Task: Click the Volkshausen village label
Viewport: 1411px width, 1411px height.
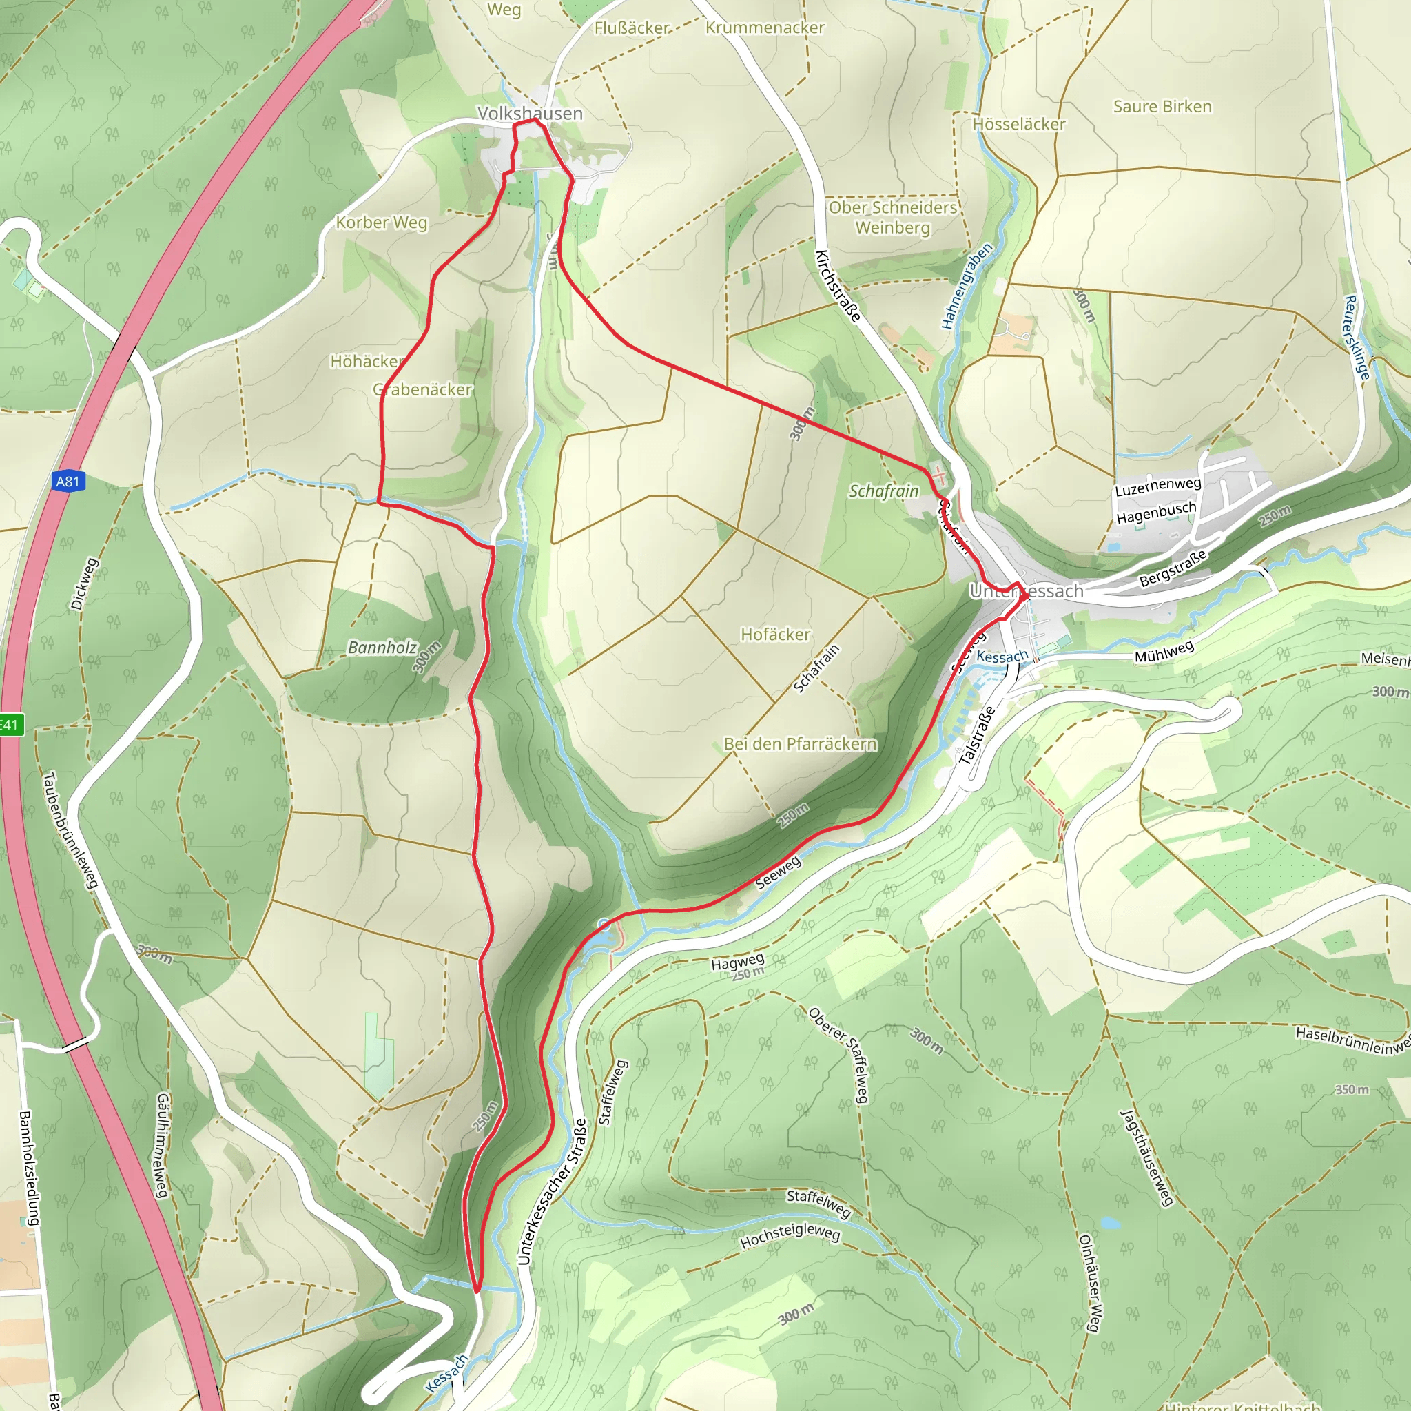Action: (x=530, y=113)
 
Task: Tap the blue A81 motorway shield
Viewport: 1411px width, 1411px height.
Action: (x=68, y=482)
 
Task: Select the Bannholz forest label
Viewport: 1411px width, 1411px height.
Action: (x=382, y=647)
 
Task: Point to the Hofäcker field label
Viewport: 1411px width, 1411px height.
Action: (x=775, y=634)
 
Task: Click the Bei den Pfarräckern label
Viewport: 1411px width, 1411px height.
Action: (x=800, y=743)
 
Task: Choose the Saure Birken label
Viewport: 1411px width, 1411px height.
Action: (x=1162, y=107)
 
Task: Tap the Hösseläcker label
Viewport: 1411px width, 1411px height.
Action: (x=1018, y=124)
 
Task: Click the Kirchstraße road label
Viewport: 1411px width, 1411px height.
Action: (x=838, y=285)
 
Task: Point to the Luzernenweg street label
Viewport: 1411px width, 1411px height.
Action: (x=1157, y=486)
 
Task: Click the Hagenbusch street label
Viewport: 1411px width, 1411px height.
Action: (x=1156, y=512)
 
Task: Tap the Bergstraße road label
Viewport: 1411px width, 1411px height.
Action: (x=1173, y=569)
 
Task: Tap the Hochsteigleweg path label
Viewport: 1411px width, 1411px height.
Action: (x=790, y=1235)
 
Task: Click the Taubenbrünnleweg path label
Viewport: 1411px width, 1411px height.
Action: (x=70, y=830)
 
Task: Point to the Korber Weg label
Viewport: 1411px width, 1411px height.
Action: (x=381, y=222)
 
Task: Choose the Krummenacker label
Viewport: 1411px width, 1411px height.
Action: (x=765, y=28)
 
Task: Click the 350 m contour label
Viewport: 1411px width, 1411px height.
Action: (x=1351, y=1089)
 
